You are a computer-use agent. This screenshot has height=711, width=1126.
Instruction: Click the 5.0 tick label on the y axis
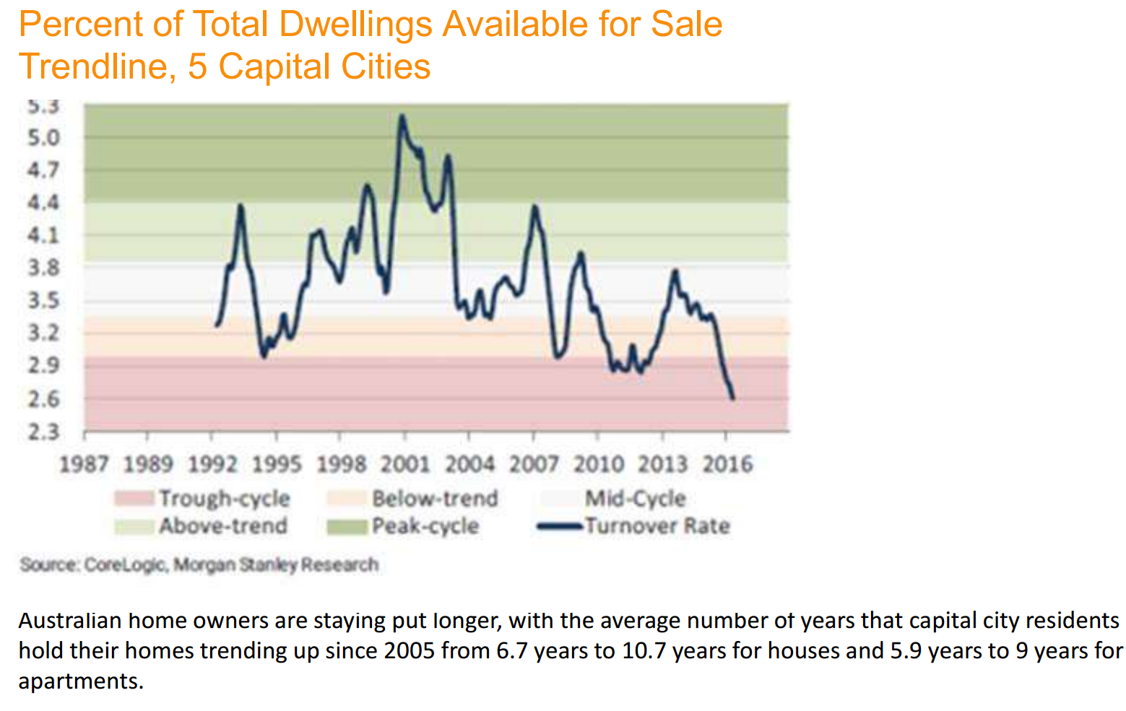pyautogui.click(x=43, y=137)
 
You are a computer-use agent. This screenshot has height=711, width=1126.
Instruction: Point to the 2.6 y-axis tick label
pyautogui.click(x=43, y=398)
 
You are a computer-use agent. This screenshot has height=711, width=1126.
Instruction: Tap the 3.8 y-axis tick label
pyautogui.click(x=43, y=268)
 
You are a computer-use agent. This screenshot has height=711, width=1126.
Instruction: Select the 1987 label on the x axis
pyautogui.click(x=84, y=463)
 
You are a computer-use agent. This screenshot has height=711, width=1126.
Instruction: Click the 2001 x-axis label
pyautogui.click(x=405, y=463)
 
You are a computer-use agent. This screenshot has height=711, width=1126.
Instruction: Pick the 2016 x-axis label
pyautogui.click(x=727, y=463)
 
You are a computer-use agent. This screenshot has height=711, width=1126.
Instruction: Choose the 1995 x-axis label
pyautogui.click(x=277, y=463)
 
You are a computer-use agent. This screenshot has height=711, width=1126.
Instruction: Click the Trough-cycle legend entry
pyautogui.click(x=224, y=498)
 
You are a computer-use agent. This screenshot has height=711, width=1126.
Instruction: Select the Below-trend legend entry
pyautogui.click(x=435, y=498)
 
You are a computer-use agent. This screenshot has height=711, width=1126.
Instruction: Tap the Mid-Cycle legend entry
pyautogui.click(x=635, y=498)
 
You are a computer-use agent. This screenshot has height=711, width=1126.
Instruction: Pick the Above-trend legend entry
pyautogui.click(x=223, y=525)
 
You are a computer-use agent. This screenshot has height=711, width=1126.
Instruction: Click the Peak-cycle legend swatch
pyautogui.click(x=347, y=527)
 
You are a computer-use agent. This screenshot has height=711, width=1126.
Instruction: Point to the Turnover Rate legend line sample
pyautogui.click(x=560, y=526)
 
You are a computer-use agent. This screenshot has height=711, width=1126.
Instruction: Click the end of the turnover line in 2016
pyautogui.click(x=733, y=398)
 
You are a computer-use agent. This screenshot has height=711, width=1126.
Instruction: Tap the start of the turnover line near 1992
pyautogui.click(x=217, y=325)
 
